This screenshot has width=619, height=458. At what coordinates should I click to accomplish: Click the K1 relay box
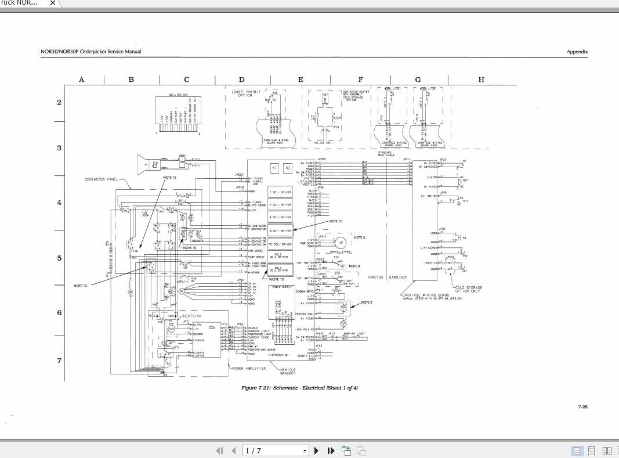276,168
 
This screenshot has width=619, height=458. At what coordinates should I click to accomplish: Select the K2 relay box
288,168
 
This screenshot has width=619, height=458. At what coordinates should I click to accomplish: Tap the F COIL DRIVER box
281,192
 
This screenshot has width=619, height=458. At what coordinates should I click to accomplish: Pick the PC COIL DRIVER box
281,244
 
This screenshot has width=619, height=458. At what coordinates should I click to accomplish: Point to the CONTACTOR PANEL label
101,179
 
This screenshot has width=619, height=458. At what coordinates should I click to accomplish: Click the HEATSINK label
192,316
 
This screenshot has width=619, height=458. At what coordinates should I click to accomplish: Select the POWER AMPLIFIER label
248,368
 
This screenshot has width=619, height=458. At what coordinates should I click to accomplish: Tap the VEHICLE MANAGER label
288,371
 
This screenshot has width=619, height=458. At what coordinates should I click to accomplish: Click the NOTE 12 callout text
169,176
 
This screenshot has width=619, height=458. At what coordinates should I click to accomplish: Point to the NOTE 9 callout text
367,302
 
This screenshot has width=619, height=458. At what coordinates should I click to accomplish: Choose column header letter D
242,80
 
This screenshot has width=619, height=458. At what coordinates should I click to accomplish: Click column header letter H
481,80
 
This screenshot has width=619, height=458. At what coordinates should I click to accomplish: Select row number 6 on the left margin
59,313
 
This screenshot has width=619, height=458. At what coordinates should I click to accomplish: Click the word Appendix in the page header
577,52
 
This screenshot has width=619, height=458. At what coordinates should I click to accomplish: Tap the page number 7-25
582,407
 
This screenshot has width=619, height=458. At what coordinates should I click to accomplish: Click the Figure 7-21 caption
299,388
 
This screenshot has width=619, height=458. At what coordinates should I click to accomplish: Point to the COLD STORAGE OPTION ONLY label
469,290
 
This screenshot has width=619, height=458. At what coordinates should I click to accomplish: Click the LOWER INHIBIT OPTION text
242,93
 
